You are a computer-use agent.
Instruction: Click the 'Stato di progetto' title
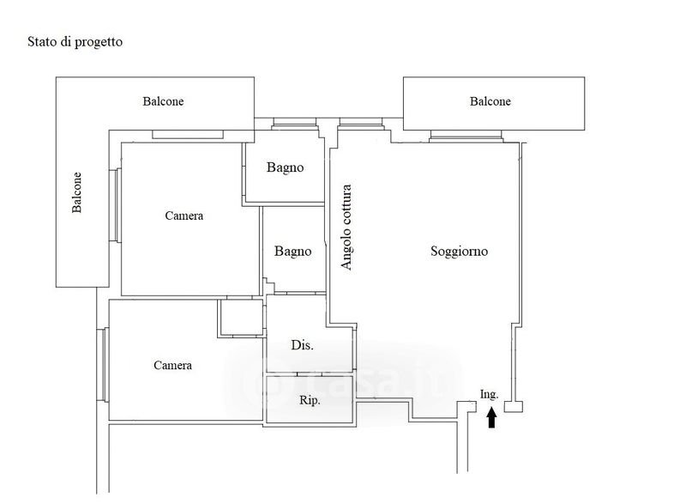(x=75, y=41)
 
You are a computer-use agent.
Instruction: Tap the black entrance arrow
(x=491, y=417)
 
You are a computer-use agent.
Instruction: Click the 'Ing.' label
(x=490, y=394)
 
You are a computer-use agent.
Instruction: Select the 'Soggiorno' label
(x=459, y=252)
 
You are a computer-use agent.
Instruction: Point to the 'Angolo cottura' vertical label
(x=346, y=228)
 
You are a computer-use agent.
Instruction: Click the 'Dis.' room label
(x=302, y=345)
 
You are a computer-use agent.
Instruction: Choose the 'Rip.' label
(x=310, y=400)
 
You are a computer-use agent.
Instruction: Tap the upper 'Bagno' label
(x=285, y=167)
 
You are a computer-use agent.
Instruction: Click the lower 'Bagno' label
(x=292, y=252)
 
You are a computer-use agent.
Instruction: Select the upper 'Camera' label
(x=184, y=216)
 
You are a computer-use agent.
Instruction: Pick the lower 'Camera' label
(x=172, y=365)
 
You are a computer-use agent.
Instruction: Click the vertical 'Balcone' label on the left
(x=77, y=194)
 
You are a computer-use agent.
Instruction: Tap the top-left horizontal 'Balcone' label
(x=163, y=101)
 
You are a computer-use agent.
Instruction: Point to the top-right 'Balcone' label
(x=490, y=101)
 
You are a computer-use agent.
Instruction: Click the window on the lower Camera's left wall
(x=103, y=364)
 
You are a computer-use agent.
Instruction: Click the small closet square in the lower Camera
(x=241, y=317)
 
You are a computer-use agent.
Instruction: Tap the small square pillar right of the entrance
(x=514, y=407)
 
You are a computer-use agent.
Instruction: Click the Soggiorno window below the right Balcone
(x=467, y=136)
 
